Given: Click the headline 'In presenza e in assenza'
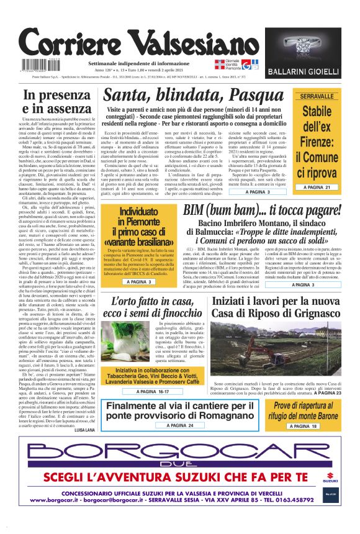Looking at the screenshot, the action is (x=55, y=102).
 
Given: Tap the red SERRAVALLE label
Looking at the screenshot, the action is (x=317, y=96).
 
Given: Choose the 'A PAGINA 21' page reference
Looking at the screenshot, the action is (x=317, y=187).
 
